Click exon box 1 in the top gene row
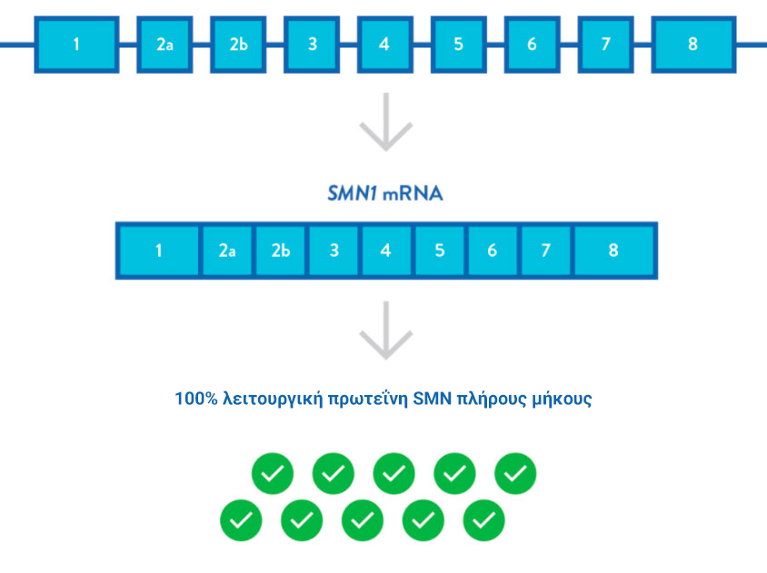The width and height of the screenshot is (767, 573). pos(76,44)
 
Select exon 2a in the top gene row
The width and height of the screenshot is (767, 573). pos(164,44)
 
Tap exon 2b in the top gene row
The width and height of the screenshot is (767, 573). pos(238,44)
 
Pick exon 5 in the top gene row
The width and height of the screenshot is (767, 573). pos(458,44)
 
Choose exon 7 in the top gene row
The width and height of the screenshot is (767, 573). pos(605,44)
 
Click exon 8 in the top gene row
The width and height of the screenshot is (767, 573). pos(692,44)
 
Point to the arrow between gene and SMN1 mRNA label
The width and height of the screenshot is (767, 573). pos(386,123)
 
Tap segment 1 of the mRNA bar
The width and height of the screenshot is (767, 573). pos(159,251)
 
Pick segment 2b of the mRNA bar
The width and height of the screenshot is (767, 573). pos(281,251)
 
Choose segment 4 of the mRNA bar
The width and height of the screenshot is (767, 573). pos(386,251)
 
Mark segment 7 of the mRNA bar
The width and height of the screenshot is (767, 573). pos(545,251)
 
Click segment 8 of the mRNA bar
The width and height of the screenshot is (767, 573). pos(613,251)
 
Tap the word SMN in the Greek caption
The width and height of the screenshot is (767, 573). pos(432,399)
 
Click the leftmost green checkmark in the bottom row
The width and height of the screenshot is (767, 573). pos(241,520)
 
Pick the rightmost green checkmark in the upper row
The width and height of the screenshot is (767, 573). pos(515,473)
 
